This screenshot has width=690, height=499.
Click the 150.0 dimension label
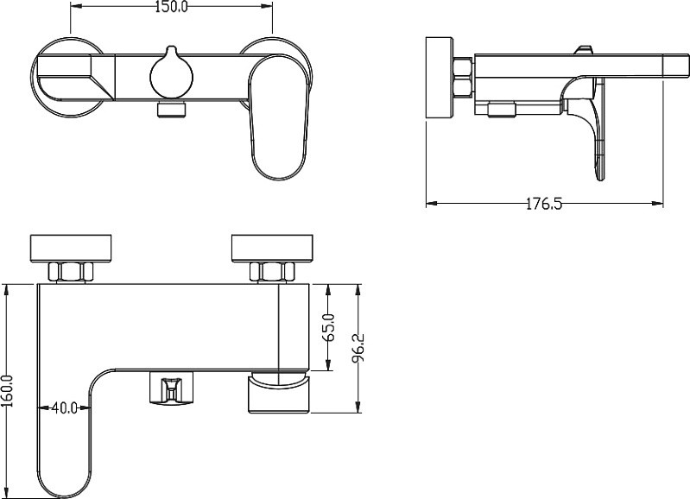click(171, 7)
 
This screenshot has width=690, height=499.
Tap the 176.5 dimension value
click(544, 204)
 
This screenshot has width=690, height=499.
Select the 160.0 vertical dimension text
click(8, 391)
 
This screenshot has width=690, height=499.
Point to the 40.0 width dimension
click(65, 407)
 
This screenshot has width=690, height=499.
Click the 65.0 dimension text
click(330, 327)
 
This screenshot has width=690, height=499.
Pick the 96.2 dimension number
click(358, 348)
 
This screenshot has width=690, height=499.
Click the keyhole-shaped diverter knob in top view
click(171, 72)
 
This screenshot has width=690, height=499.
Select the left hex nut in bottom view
click(71, 271)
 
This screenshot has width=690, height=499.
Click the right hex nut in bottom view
click(272, 271)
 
